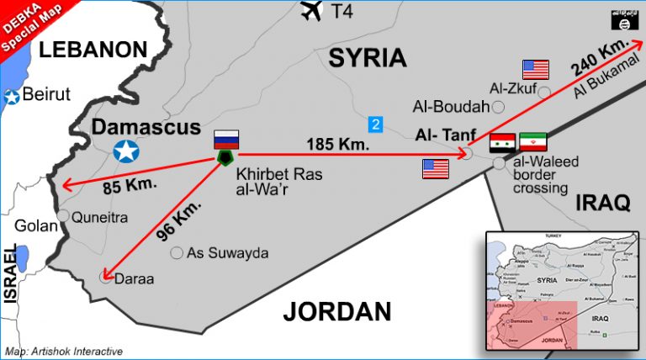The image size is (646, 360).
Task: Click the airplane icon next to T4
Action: (x=311, y=11)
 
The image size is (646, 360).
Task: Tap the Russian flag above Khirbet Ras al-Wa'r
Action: (x=226, y=140)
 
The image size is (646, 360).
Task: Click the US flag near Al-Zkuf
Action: (x=535, y=69)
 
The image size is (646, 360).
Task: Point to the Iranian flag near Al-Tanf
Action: (x=533, y=142)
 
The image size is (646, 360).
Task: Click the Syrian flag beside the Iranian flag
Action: (x=502, y=142)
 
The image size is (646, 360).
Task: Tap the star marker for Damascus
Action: (x=126, y=151)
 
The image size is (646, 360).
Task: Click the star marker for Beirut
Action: (x=12, y=97)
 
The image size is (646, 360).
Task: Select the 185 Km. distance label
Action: (x=341, y=144)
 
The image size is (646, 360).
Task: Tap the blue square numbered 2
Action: (x=376, y=124)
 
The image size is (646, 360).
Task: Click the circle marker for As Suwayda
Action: (x=177, y=252)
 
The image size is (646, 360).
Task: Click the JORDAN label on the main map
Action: (x=336, y=311)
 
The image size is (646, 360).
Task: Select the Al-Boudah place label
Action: (x=451, y=107)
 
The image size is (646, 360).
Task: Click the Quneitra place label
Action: (x=99, y=217)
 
